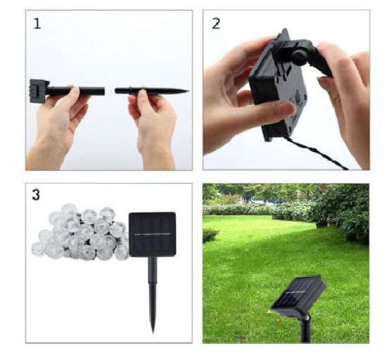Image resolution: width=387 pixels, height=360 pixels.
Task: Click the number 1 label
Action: pos(37,24)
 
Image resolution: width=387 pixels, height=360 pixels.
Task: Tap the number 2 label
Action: pos(216,24)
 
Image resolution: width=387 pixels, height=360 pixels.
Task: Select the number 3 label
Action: pos(36,195)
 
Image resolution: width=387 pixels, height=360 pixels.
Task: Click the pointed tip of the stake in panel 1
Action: pos(189,91)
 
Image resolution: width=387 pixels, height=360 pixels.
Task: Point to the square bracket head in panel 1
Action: pos(38,91)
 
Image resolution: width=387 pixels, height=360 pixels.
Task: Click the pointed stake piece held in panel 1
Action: pos(152,91)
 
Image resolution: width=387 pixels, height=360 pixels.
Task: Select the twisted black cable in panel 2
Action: pos(316,152)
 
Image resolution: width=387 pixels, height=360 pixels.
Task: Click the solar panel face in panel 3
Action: pos(152,234)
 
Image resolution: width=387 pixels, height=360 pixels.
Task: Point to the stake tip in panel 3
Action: pos(153,332)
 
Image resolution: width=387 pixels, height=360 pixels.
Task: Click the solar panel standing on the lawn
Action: pos(298,297)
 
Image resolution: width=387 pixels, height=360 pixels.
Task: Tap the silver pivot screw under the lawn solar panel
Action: pos(307,318)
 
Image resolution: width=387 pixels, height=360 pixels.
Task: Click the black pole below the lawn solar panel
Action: pos(305,330)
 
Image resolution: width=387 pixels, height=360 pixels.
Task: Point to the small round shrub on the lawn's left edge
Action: pos(210,235)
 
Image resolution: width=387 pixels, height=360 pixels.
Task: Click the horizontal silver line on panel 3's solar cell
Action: pos(152,234)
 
